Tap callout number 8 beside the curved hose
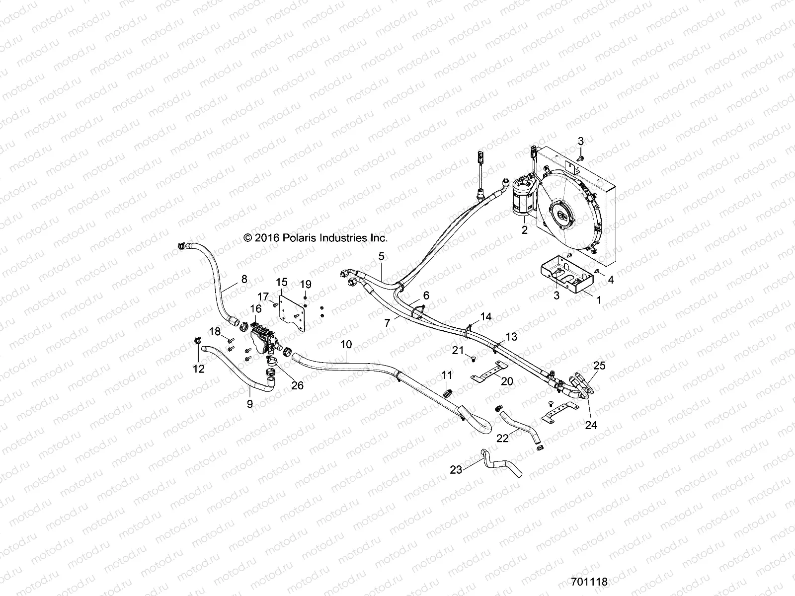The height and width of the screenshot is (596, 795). (244, 279)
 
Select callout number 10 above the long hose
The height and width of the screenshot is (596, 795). (346, 344)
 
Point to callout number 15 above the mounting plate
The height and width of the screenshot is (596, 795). (282, 282)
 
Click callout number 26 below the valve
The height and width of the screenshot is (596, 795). (297, 385)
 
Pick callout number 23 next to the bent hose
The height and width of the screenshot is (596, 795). (456, 469)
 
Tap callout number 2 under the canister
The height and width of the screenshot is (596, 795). (524, 230)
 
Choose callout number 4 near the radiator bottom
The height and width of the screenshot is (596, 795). (611, 280)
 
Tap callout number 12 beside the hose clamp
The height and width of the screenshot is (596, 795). (199, 369)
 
